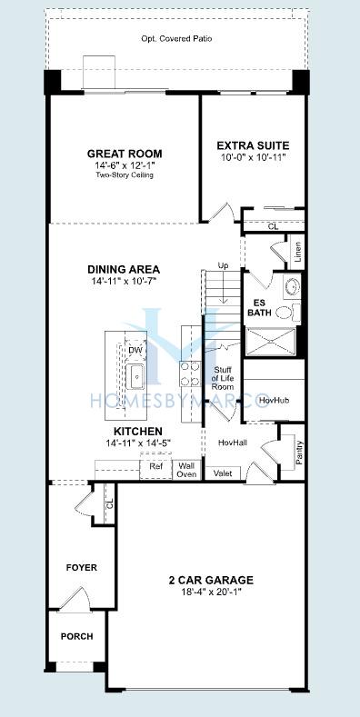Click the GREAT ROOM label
coord(125,154)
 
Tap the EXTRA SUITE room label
coord(253,146)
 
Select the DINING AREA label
coord(124,269)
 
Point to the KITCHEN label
coord(137,432)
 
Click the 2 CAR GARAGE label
coord(211,581)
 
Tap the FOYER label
coord(82,567)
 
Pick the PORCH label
coord(77,636)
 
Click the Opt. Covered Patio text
coord(176,39)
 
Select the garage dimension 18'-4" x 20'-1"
coord(211,592)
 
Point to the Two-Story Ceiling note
coord(125,174)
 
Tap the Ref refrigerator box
coord(155,466)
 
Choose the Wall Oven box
coord(186,470)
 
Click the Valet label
coord(223,473)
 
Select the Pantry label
coord(299,453)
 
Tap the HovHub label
coord(269,401)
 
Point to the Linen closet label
coord(298,252)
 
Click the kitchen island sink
coord(135,379)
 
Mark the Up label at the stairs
coord(224,265)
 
